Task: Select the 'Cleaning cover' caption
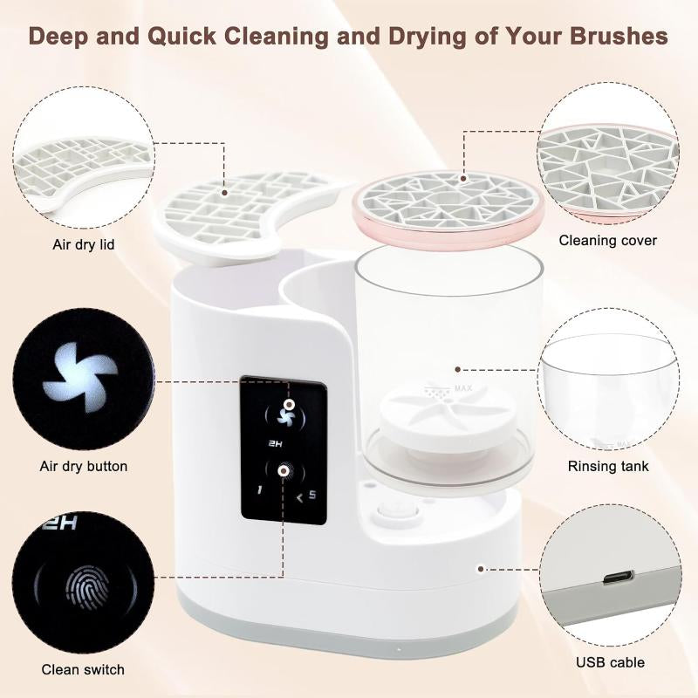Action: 607,240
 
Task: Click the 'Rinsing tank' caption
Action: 608,466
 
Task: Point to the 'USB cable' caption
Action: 610,662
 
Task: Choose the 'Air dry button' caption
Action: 84,466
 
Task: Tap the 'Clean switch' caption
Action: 83,670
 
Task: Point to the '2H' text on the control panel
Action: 276,444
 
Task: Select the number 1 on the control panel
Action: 259,491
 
